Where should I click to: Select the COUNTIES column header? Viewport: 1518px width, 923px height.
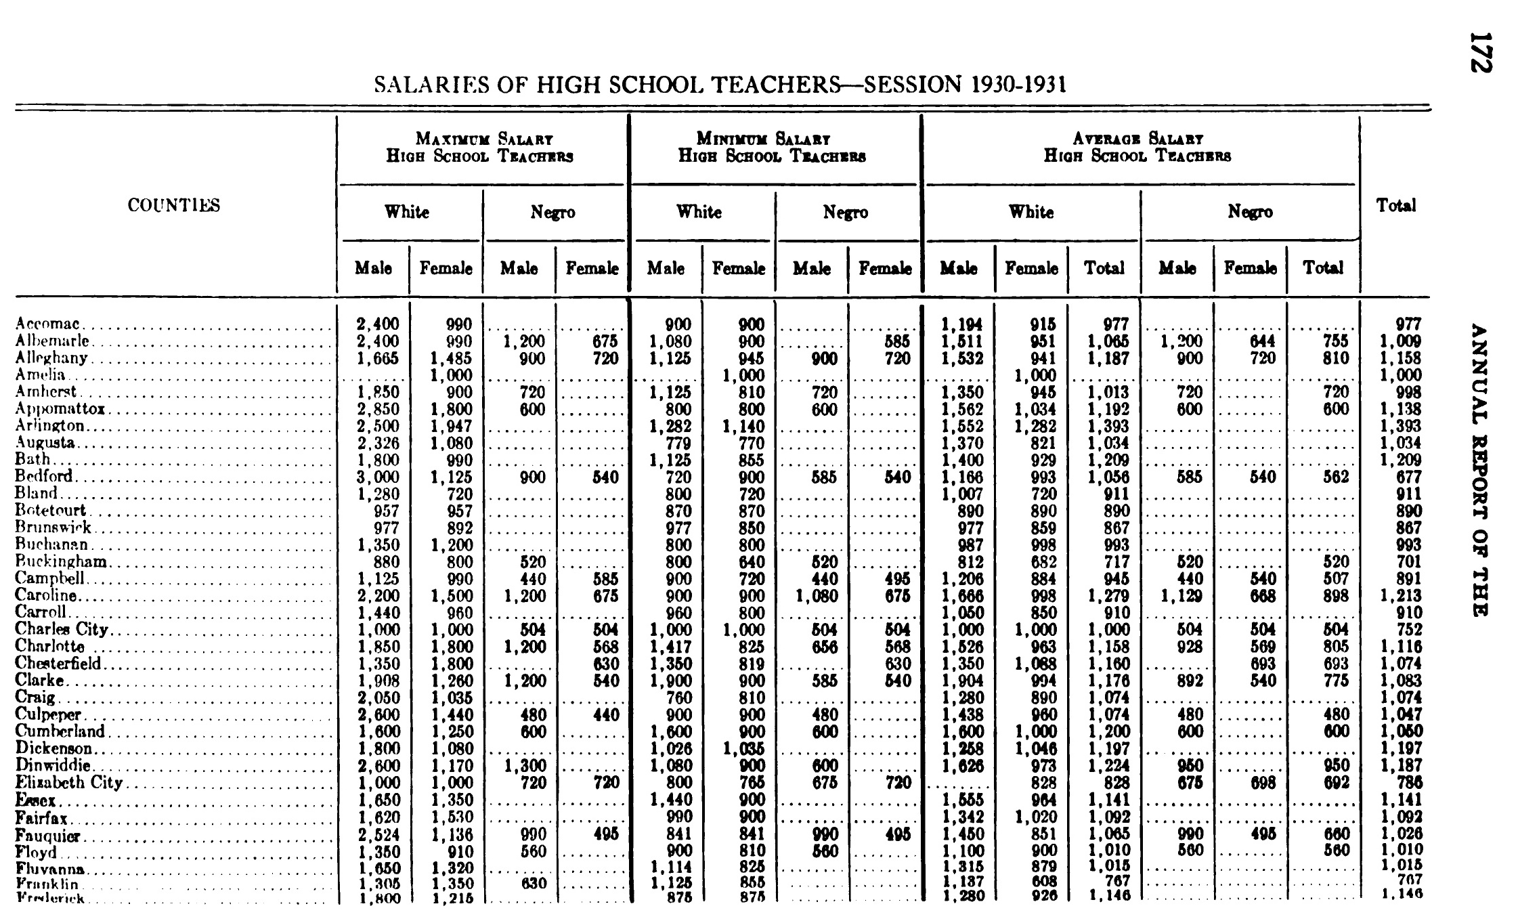174,205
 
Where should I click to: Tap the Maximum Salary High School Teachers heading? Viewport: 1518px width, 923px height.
480,148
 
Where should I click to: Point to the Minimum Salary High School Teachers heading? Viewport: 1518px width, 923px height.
773,148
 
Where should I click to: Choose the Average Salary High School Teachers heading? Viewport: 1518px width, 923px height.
1137,148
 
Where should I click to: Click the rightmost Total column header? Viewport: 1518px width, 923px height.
1395,205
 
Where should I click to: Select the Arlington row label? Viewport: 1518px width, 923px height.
50,426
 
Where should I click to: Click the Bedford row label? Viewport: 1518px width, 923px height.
43,477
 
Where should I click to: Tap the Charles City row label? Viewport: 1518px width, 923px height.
62,629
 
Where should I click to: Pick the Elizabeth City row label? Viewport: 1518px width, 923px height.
68,782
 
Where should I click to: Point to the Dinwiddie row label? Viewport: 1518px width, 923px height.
53,765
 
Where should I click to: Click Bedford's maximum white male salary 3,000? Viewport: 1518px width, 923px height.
378,477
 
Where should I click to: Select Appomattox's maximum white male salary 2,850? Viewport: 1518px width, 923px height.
378,409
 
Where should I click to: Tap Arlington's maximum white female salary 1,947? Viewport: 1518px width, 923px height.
451,426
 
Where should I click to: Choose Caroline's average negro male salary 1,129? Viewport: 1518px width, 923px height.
1181,595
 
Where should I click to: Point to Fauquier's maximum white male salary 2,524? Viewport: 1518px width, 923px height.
378,834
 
